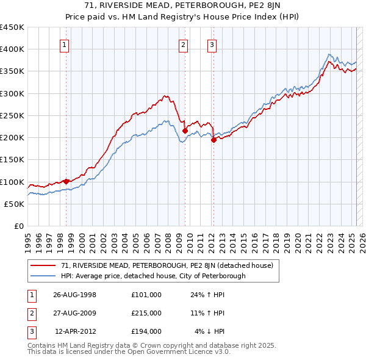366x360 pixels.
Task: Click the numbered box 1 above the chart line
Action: point(65,44)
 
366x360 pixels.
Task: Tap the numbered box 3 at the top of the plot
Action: point(212,44)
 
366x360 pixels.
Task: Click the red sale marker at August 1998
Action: point(66,181)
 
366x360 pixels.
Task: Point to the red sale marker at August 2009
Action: point(185,131)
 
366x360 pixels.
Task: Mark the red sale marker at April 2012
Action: point(213,140)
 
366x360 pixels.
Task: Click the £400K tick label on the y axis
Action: point(12,49)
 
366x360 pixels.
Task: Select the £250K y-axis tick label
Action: point(12,115)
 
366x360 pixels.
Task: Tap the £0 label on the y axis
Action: point(19,226)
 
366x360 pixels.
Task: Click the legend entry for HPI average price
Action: point(153,276)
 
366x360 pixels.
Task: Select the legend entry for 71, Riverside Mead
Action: point(170,265)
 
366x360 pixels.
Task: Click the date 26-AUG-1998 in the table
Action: point(75,294)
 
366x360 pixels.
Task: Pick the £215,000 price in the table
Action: point(146,313)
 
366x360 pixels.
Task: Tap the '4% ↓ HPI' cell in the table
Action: point(210,332)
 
